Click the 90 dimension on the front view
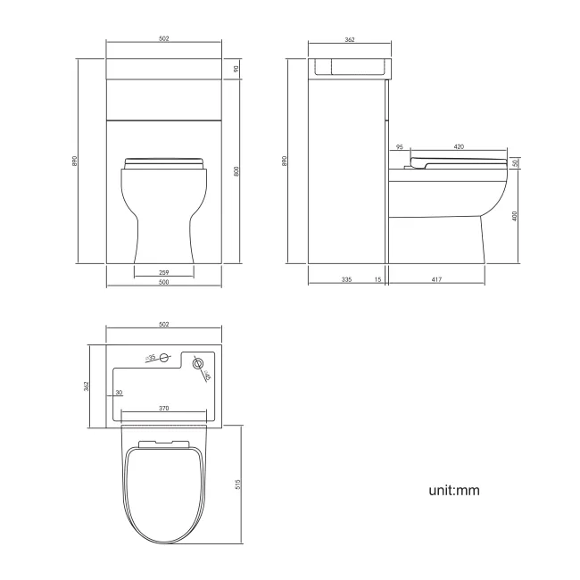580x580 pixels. (x=237, y=69)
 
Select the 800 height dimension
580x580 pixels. (x=237, y=171)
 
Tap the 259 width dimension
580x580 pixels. (x=164, y=271)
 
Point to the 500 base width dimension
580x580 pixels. (x=164, y=283)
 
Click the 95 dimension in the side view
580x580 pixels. (x=399, y=146)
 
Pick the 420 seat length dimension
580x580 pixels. (x=459, y=146)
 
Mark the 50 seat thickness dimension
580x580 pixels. (x=517, y=163)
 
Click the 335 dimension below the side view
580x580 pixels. (x=346, y=280)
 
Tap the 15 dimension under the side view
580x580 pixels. (x=378, y=280)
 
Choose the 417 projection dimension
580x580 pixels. (x=436, y=280)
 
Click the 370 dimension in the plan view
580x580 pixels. (x=164, y=407)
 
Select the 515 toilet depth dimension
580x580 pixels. (x=237, y=484)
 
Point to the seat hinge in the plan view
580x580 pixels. (x=165, y=443)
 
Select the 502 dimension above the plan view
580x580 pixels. (x=164, y=324)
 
